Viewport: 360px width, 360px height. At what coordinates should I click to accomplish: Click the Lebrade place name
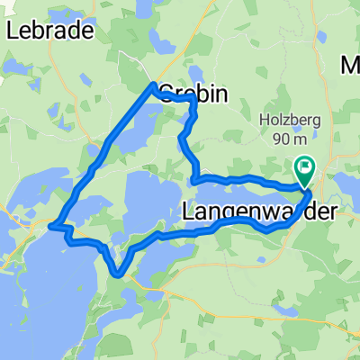pyautogui.click(x=50, y=31)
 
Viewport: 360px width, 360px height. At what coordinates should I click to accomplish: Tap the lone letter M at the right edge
pyautogui.click(x=350, y=65)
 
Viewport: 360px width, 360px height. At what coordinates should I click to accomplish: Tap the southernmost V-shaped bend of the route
pyautogui.click(x=118, y=274)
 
